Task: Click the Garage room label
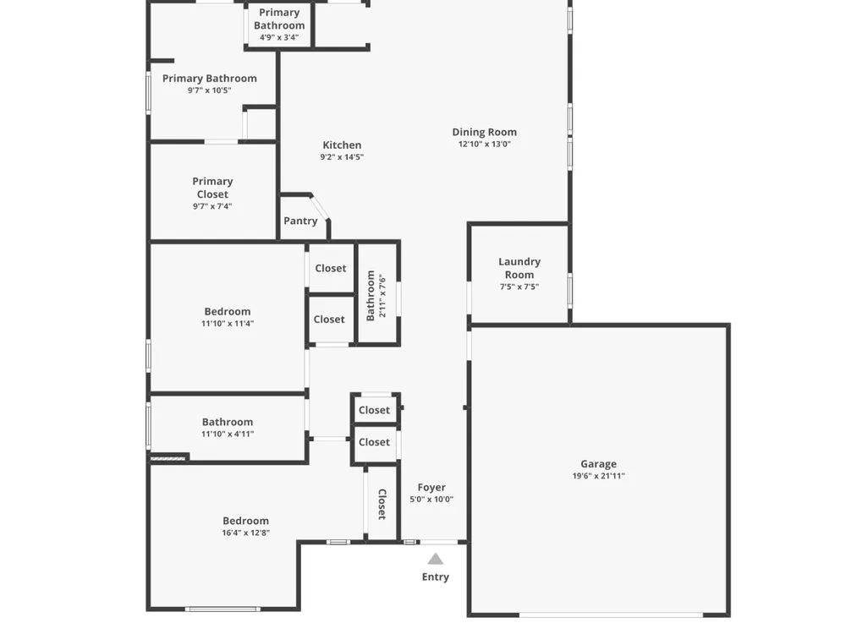tap(598, 463)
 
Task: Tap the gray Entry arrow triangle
tap(436, 559)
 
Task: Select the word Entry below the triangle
tap(436, 577)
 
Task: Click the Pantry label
tap(300, 221)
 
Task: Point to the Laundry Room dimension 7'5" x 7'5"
tap(519, 287)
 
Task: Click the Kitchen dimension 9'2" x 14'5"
tap(342, 157)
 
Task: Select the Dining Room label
tap(485, 132)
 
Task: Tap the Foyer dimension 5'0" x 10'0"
tap(431, 500)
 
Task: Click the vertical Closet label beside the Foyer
tap(382, 504)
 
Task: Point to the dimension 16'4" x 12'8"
tap(245, 533)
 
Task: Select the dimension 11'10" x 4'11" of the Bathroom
tap(228, 434)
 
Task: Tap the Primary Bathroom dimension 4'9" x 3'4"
tap(279, 37)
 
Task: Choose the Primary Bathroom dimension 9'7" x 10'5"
tap(209, 90)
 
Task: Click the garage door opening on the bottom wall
tap(612, 615)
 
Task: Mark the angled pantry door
tap(320, 208)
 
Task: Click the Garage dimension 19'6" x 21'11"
tap(598, 476)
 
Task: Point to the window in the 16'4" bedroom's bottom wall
tap(222, 609)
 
